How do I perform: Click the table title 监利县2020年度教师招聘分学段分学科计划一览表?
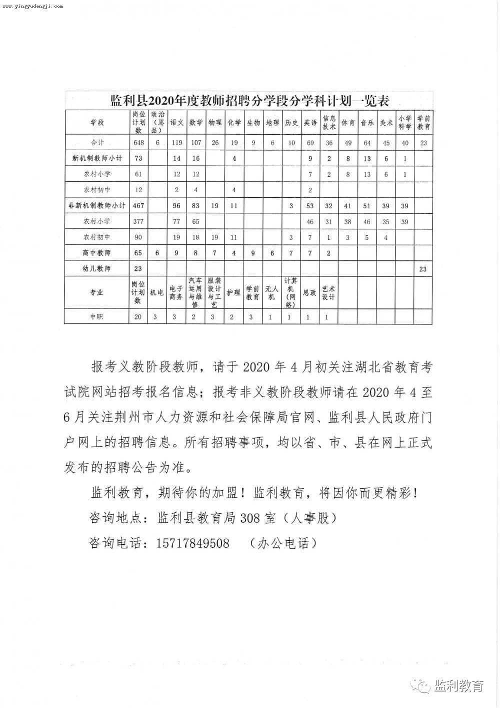pyautogui.click(x=249, y=101)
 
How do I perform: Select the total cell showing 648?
pyautogui.click(x=138, y=143)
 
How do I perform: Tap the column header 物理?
pyautogui.click(x=215, y=122)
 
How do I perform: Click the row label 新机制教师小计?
pyautogui.click(x=97, y=158)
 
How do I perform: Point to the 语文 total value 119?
pyautogui.click(x=176, y=143)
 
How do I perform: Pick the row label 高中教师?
pyautogui.click(x=97, y=253)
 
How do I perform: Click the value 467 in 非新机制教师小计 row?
pyautogui.click(x=138, y=206)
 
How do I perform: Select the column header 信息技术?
pyautogui.click(x=328, y=122)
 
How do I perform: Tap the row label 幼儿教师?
pyautogui.click(x=97, y=269)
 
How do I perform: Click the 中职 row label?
pyautogui.click(x=97, y=316)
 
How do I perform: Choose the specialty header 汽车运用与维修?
pyautogui.click(x=195, y=292)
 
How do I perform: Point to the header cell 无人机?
pyautogui.click(x=271, y=292)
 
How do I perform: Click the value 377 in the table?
pyautogui.click(x=138, y=221)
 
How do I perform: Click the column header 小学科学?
pyautogui.click(x=404, y=122)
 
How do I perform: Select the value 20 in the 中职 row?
pyautogui.click(x=138, y=316)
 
